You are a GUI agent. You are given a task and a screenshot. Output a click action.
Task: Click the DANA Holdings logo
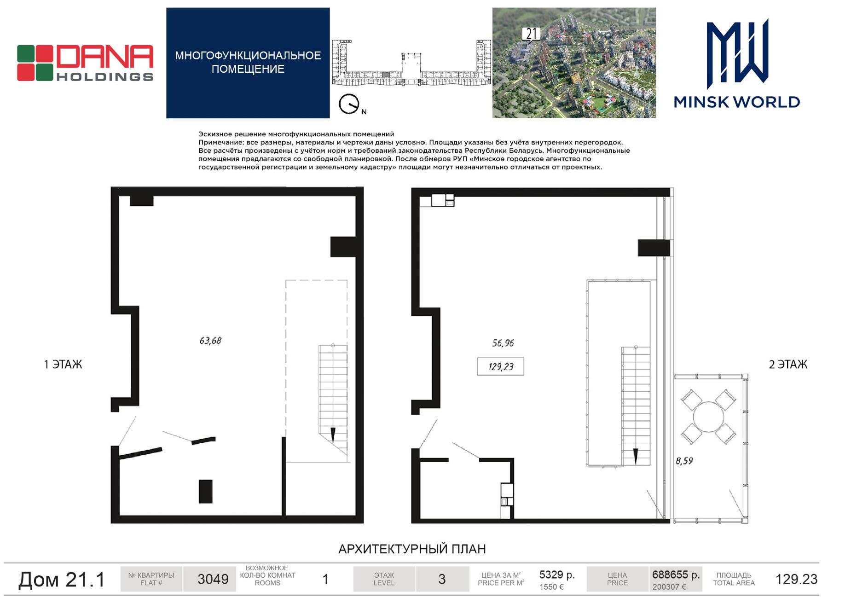tap(85, 63)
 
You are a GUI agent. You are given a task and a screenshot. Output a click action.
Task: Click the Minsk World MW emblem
tap(737, 54)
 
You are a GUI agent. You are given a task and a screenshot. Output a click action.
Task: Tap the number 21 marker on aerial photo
tap(531, 35)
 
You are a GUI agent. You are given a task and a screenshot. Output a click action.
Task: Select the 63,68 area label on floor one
tap(210, 341)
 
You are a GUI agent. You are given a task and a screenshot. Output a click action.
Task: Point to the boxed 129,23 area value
tap(500, 366)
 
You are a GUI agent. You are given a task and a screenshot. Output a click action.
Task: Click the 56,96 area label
tap(503, 343)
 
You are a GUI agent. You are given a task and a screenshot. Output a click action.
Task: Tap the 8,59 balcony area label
tap(684, 461)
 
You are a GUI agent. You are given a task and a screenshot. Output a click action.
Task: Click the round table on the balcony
tap(708, 417)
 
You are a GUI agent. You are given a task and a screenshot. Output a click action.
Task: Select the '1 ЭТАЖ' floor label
tap(63, 365)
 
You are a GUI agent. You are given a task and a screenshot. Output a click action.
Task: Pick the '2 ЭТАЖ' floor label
tap(788, 365)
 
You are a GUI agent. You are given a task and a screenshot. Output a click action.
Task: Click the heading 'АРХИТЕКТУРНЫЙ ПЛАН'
tap(412, 549)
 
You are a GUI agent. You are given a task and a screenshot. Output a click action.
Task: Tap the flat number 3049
tap(213, 579)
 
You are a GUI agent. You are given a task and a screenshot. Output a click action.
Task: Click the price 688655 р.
tap(676, 575)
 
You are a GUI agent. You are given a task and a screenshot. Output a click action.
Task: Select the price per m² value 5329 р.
tap(557, 575)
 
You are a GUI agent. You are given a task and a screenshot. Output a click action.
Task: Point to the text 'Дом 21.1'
tap(62, 580)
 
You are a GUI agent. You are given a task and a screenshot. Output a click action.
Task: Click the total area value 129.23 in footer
tap(797, 579)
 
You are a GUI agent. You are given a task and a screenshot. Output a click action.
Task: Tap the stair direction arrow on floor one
tap(333, 435)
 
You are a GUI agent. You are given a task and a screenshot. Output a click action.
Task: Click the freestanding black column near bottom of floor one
tap(206, 491)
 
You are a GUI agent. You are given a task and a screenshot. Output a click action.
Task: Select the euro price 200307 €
tap(669, 587)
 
